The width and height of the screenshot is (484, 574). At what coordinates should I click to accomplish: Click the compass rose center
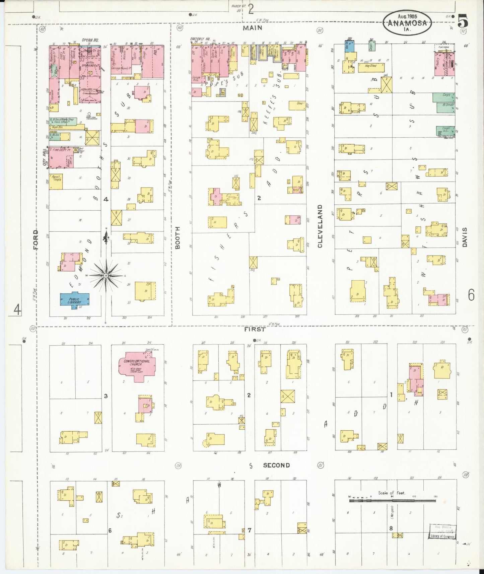point(106,275)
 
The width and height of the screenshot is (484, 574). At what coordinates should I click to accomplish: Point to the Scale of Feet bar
point(392,501)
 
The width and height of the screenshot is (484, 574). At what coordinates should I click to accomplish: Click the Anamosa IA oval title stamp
point(407,23)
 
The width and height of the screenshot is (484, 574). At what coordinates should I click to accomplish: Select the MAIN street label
point(253,28)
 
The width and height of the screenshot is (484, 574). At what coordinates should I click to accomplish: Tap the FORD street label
point(36,239)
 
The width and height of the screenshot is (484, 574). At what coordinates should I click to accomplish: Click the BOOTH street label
point(178,237)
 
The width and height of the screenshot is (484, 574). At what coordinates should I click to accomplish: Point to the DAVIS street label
point(464,237)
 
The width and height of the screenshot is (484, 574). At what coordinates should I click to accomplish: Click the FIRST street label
point(255,329)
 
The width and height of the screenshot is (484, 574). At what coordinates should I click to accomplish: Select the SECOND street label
point(276,465)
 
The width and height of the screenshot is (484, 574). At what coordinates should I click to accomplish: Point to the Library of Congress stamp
point(442,531)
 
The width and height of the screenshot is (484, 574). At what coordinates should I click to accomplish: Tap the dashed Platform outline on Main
point(445,48)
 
